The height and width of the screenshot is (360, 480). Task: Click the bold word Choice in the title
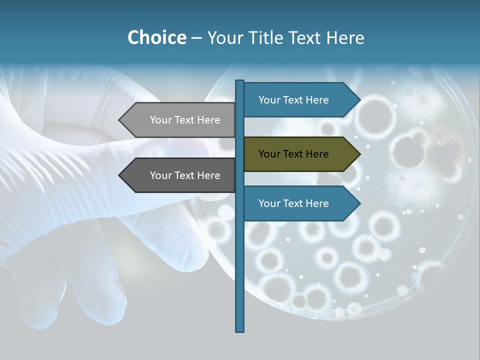(156, 37)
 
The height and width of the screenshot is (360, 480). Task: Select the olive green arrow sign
(300, 154)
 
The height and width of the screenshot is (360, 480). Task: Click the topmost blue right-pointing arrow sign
(300, 100)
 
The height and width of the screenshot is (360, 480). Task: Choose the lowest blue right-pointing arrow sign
(300, 203)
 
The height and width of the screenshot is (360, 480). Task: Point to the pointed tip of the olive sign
(359, 154)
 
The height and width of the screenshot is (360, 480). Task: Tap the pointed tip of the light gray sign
(120, 120)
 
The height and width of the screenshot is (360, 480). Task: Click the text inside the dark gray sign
(185, 175)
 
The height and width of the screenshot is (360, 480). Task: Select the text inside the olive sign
(293, 154)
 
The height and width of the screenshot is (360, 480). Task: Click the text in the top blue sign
(293, 100)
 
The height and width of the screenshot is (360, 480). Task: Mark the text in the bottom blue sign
(293, 203)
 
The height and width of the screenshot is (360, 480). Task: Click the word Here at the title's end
(345, 37)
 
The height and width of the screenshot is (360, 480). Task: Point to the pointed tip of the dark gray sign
(120, 175)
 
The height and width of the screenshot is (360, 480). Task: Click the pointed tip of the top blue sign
(359, 100)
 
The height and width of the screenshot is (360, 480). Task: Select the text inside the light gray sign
(185, 120)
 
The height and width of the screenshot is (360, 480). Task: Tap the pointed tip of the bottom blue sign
(359, 203)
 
